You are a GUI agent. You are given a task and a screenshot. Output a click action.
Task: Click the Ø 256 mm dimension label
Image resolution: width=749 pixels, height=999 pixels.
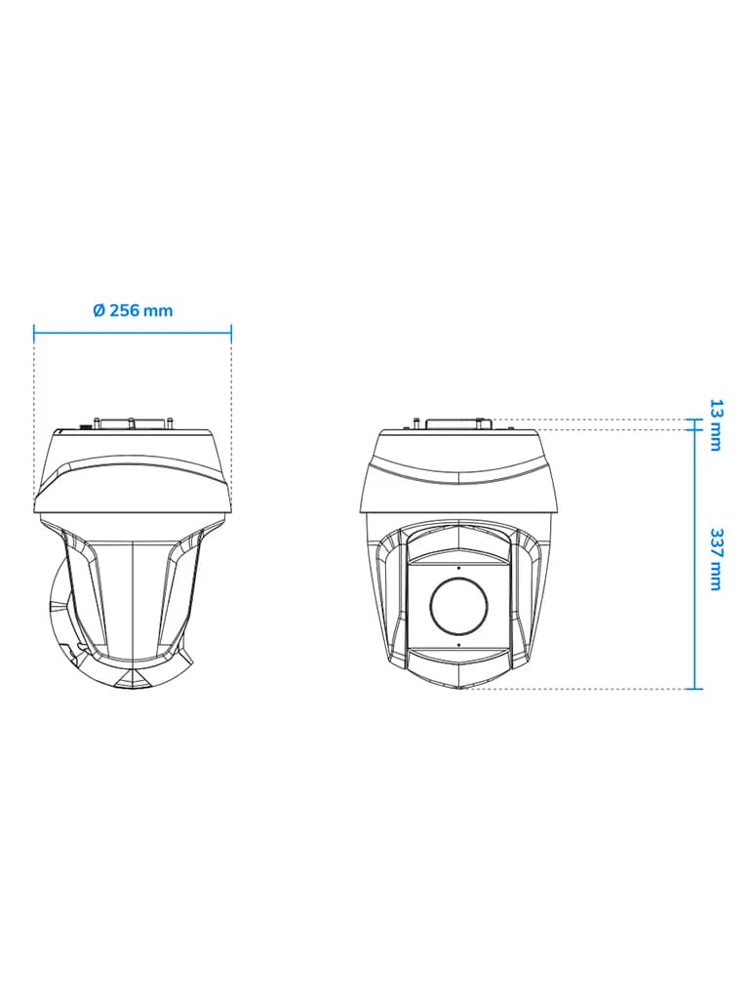coord(133,310)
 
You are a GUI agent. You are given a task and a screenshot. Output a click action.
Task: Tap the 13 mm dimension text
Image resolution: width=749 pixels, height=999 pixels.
coord(717,425)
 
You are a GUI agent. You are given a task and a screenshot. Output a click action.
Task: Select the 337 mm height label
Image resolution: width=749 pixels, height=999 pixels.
coord(717,559)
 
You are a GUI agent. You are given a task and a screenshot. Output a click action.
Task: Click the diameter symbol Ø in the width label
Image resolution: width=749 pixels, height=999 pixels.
coord(99,310)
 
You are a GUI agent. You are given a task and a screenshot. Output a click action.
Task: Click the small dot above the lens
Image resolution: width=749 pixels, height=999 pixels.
coord(458,567)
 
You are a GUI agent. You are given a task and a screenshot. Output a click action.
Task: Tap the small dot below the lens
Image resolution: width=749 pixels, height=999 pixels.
coord(458,645)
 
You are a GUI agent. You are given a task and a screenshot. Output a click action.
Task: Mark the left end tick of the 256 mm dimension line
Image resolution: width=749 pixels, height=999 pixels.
coord(34,332)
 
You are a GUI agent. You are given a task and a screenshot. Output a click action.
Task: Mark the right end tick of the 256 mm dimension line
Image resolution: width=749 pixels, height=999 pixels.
coord(231,332)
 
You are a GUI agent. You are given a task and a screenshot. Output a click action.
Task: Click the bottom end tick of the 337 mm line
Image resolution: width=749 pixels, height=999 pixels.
coord(694,689)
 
